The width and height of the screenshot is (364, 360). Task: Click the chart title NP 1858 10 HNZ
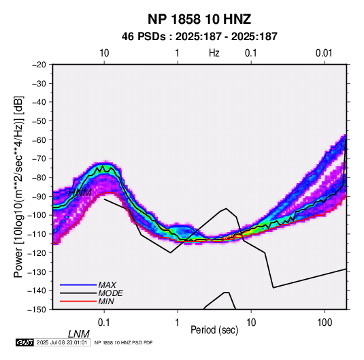click(x=199, y=19)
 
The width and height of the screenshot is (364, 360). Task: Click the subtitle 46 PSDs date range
click(x=199, y=37)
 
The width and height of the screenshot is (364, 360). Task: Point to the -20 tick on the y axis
click(x=39, y=65)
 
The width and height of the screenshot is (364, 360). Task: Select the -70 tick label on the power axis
click(x=39, y=159)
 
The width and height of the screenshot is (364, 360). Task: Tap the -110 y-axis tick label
click(x=37, y=234)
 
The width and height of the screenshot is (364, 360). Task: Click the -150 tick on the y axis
click(x=37, y=310)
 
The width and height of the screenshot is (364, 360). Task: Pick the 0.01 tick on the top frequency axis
click(x=324, y=53)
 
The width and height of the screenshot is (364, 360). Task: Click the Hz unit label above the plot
click(x=214, y=53)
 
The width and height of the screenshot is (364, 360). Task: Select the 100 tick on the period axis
click(x=325, y=323)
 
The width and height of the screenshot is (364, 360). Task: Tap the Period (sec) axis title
click(x=214, y=330)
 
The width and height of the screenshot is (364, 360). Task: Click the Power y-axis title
click(x=18, y=187)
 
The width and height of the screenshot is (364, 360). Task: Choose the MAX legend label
click(x=107, y=284)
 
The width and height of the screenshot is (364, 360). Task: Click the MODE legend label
click(x=110, y=293)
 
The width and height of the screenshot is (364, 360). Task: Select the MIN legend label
click(x=106, y=301)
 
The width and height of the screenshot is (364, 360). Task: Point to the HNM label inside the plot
click(x=80, y=193)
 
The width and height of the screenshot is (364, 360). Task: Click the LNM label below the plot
click(x=79, y=334)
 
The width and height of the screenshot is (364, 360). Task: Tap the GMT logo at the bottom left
click(x=24, y=342)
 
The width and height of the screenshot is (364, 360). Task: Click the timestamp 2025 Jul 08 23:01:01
click(x=62, y=342)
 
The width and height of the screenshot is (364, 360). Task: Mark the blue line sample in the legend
click(x=78, y=284)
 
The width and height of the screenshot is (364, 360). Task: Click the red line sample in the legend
click(x=78, y=301)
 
